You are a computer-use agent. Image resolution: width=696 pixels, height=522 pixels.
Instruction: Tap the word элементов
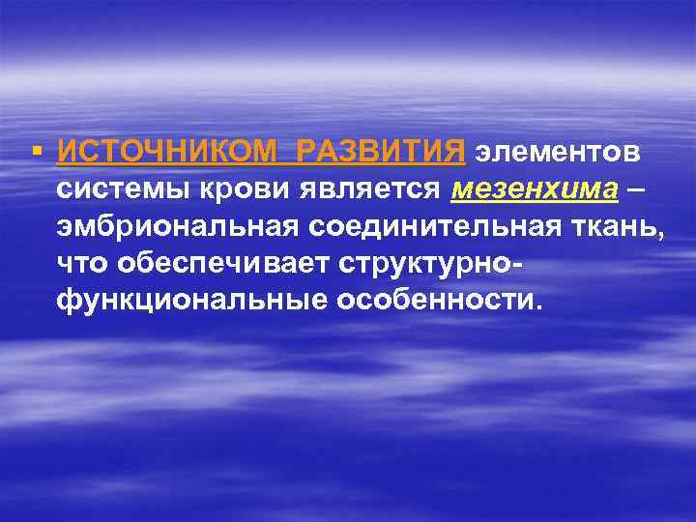point(556,153)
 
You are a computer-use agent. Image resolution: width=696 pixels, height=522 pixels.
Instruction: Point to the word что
point(80,262)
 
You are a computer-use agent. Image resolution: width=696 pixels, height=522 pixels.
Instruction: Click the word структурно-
point(429,263)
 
